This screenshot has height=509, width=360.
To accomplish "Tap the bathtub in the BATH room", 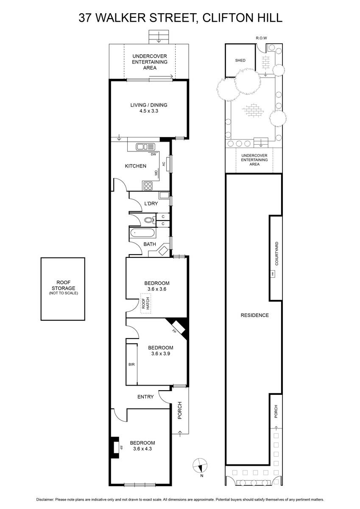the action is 142,233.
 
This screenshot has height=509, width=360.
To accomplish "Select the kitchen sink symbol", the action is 145,147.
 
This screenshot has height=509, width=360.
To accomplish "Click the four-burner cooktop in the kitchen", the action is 148,186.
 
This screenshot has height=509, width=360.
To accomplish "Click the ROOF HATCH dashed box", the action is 145,303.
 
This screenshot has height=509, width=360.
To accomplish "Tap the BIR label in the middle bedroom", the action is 131,364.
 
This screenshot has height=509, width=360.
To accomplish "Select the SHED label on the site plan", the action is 240,60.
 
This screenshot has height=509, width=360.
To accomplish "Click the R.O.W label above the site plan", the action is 262,38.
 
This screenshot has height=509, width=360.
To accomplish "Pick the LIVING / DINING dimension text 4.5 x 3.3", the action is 149,111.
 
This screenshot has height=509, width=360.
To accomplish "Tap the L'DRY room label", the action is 151,203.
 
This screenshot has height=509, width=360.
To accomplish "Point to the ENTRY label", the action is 145,397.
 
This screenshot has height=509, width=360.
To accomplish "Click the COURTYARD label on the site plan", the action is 276,253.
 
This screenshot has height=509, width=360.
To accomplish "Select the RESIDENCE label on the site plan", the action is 254,315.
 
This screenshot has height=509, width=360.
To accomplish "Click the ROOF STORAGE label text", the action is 63,285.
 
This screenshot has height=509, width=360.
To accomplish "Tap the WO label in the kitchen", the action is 156,173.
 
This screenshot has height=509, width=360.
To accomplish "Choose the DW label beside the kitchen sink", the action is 153,154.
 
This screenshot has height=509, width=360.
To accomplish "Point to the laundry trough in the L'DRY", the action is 164,195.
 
